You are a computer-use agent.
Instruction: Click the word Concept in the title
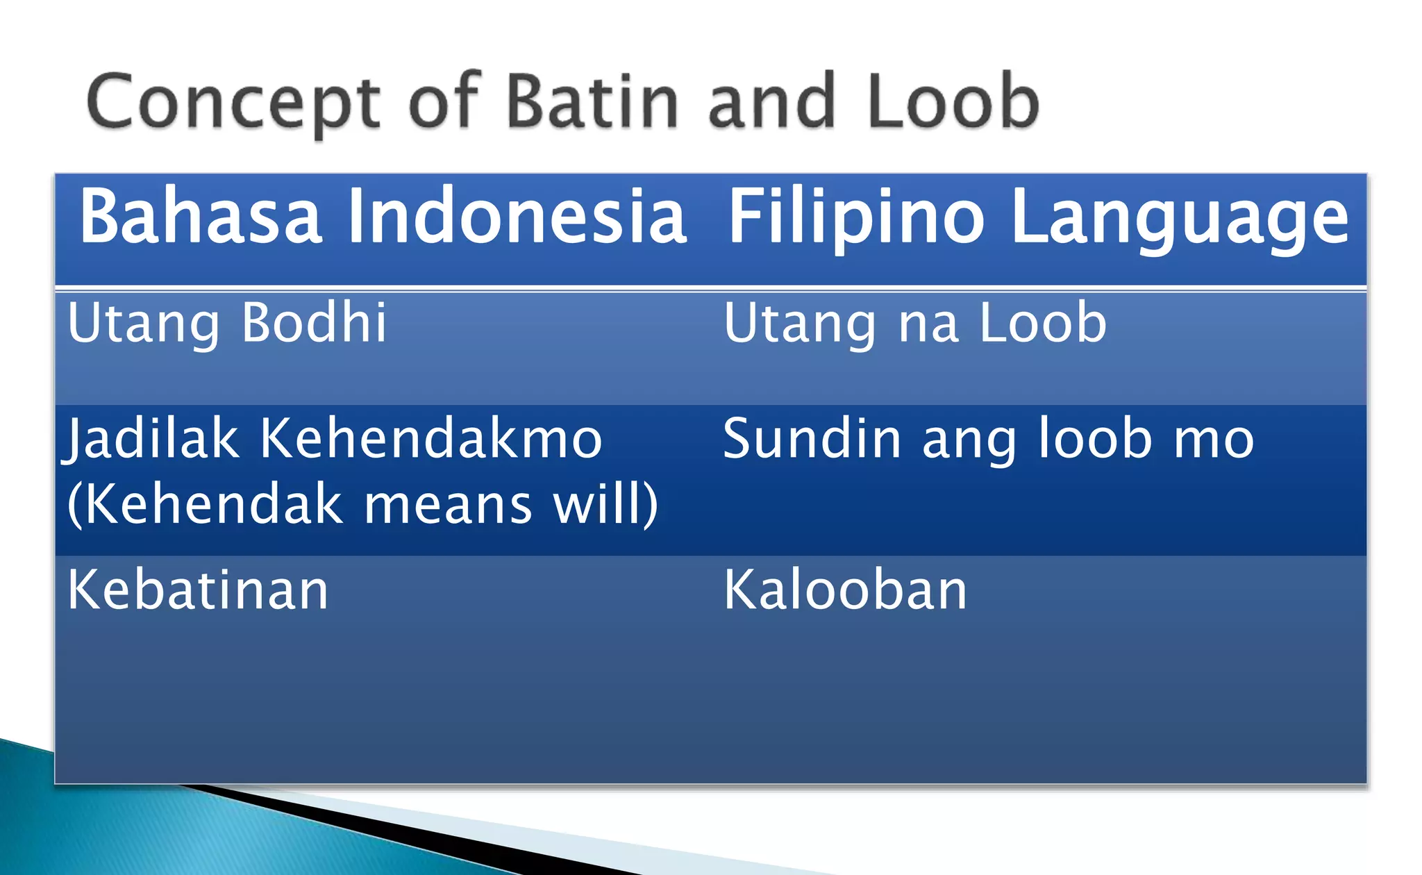pyautogui.click(x=233, y=103)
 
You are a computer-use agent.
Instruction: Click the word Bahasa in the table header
pyautogui.click(x=200, y=217)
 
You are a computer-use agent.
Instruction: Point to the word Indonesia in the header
pyautogui.click(x=517, y=217)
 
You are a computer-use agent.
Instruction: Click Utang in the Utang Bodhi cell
pyautogui.click(x=143, y=324)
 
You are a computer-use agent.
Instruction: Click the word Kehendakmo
pyautogui.click(x=430, y=439)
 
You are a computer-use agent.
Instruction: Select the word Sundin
pyautogui.click(x=811, y=439)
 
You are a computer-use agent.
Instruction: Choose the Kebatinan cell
pyautogui.click(x=198, y=590)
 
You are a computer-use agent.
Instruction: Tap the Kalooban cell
pyautogui.click(x=845, y=590)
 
